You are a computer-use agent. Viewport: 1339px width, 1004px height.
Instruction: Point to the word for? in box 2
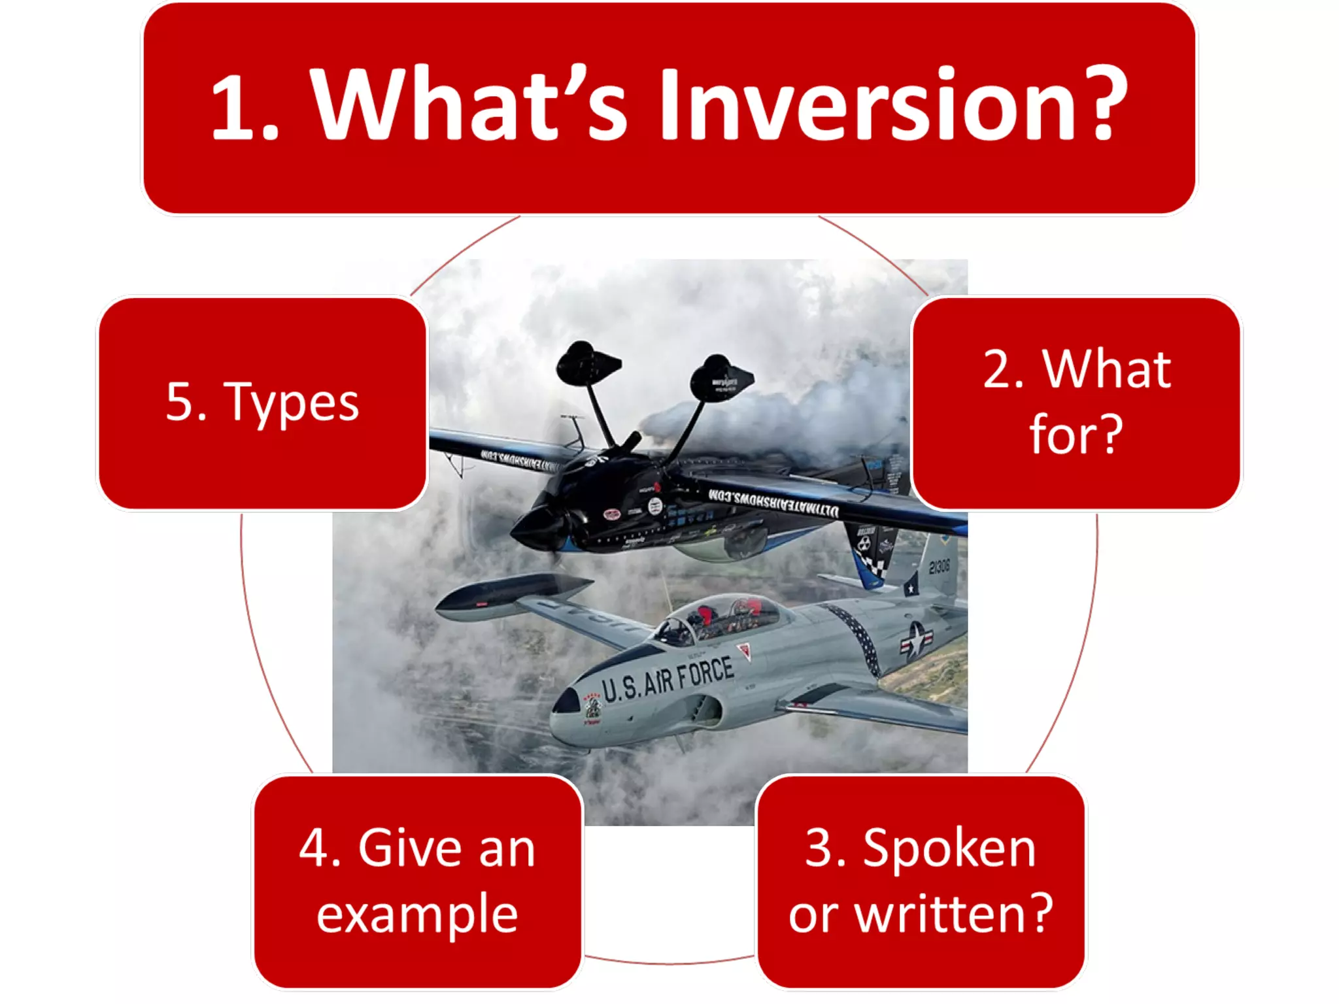point(1076,434)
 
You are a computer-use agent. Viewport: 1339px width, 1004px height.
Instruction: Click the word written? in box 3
point(953,913)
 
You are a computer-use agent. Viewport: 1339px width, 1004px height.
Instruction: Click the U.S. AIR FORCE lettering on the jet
point(667,680)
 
